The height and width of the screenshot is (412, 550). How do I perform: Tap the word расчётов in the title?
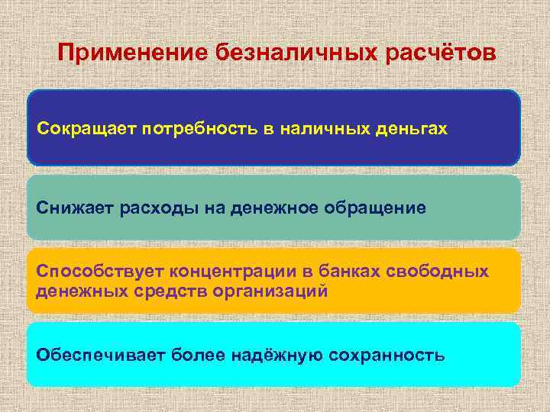pos(442,54)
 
